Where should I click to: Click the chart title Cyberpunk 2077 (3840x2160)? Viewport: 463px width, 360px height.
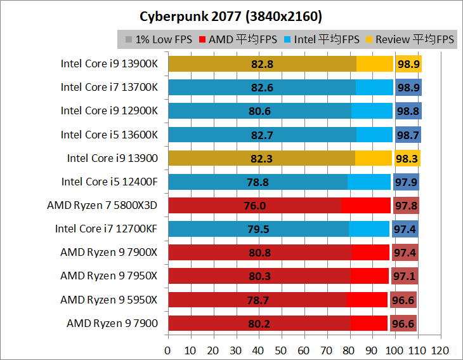(x=231, y=15)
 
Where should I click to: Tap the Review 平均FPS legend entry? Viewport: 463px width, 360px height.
(x=410, y=39)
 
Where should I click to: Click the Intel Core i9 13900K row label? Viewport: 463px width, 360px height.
(x=110, y=63)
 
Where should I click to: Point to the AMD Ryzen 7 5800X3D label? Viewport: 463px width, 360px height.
(x=102, y=205)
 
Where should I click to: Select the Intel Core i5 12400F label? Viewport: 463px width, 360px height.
(x=110, y=182)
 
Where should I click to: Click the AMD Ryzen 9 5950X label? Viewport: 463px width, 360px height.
(x=109, y=300)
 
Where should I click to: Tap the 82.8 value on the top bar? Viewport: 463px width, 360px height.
(x=261, y=63)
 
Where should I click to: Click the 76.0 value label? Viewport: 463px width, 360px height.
(x=254, y=205)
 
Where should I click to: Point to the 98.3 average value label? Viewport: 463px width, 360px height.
(x=407, y=158)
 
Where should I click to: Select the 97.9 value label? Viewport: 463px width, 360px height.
(x=406, y=182)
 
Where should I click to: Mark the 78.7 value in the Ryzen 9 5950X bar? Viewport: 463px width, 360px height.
(x=258, y=300)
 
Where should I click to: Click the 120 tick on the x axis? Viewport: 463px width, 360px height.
(x=440, y=350)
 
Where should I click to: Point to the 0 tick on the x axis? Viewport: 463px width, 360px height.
(x=167, y=350)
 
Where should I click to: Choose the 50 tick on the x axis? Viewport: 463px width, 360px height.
(x=280, y=350)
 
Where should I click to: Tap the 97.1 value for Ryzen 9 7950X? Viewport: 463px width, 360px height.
(x=404, y=276)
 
